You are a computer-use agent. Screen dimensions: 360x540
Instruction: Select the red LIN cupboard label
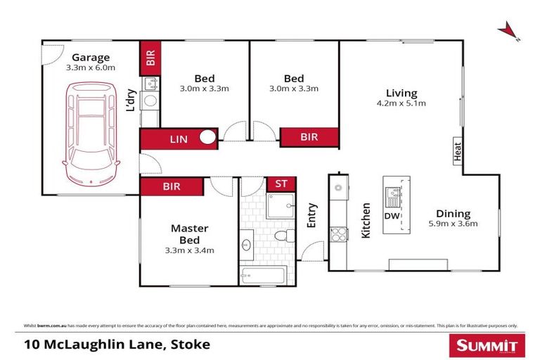179,139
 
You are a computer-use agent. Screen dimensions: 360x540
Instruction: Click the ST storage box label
281,184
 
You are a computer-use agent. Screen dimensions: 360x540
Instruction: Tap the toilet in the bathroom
282,236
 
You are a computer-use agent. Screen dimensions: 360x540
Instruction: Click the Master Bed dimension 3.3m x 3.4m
189,250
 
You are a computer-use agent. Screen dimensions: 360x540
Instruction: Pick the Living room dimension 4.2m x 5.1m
401,103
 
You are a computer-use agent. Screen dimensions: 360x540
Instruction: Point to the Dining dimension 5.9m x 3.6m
452,224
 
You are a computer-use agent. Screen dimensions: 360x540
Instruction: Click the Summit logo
487,345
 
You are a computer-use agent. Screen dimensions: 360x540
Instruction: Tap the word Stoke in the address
191,345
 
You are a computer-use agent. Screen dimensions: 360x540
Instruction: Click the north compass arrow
508,31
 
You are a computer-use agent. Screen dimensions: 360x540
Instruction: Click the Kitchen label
366,221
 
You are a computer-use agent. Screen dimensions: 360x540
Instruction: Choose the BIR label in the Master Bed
171,186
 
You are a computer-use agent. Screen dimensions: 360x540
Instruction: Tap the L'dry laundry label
130,100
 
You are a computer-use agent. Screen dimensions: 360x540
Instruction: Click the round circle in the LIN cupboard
207,138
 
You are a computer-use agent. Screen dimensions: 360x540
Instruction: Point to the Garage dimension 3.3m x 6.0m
90,68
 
